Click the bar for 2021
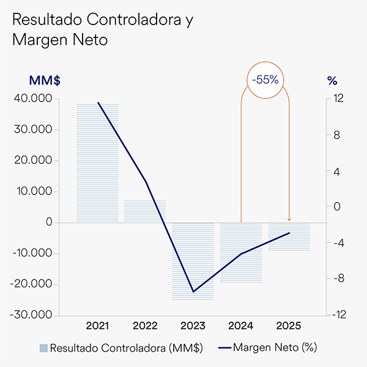(97, 163)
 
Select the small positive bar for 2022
(145, 211)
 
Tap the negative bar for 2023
(193, 261)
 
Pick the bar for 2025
(289, 237)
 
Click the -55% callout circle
(265, 79)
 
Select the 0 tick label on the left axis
(48, 223)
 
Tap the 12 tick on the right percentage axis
(337, 98)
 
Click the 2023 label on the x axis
(193, 325)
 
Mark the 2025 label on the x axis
(289, 325)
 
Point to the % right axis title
(332, 80)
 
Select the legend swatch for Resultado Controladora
(43, 348)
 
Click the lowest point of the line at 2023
(193, 292)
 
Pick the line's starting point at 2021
(98, 102)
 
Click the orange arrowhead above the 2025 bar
(289, 220)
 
